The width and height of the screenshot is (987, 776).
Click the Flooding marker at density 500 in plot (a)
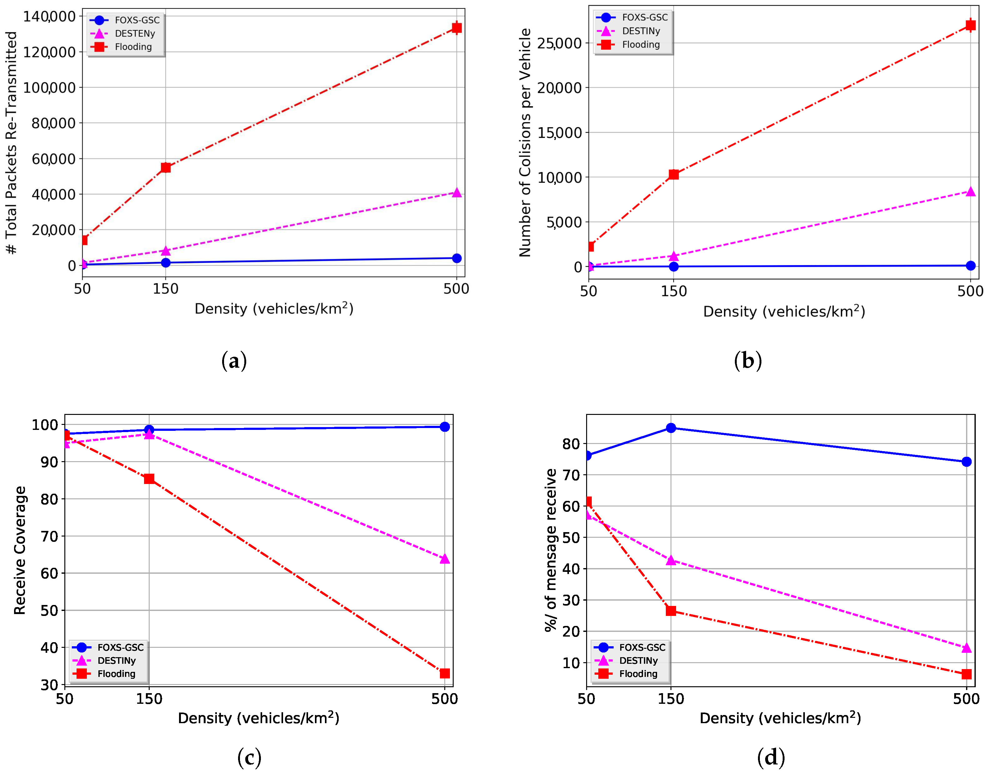tap(457, 28)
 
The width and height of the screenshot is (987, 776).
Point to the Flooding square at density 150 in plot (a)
tap(166, 168)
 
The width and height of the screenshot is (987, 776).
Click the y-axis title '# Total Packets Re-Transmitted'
tap(11, 143)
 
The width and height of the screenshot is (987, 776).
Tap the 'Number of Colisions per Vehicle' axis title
tap(525, 143)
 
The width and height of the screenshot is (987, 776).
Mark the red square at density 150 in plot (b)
tap(674, 174)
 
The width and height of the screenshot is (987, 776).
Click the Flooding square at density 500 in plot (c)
tap(445, 673)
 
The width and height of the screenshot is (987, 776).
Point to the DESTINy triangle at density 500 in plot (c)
tap(445, 559)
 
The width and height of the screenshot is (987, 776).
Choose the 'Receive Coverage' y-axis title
tap(20, 550)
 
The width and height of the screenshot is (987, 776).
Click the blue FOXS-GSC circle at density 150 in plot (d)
tap(670, 428)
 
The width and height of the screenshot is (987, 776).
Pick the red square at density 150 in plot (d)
tap(670, 611)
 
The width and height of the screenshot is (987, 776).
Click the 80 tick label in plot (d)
tap(571, 444)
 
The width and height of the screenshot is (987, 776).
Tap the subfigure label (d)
tap(771, 757)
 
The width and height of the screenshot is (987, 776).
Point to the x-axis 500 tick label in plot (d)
tap(966, 699)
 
